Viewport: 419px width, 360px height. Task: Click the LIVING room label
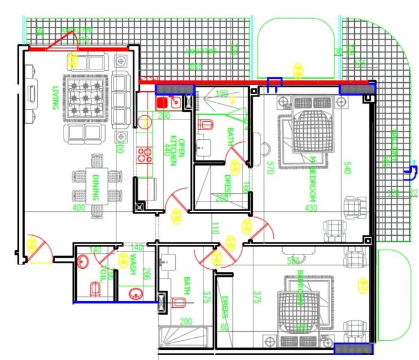coord(55,97)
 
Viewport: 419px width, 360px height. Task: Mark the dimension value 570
coord(270,167)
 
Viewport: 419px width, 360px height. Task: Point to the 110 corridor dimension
coord(214,228)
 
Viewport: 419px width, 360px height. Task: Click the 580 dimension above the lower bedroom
coord(294,261)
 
